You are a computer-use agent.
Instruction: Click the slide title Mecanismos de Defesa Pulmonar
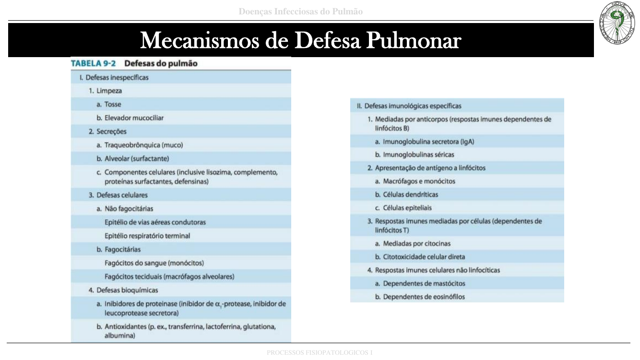click(300, 40)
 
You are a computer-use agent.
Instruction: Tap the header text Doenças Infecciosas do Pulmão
click(301, 12)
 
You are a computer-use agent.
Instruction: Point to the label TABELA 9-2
click(93, 63)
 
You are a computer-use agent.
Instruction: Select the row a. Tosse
click(113, 104)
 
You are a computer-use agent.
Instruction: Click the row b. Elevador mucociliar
click(134, 118)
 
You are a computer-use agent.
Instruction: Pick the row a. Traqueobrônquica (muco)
click(143, 144)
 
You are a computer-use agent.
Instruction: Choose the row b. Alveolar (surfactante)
click(137, 158)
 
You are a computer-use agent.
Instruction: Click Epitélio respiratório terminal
click(147, 236)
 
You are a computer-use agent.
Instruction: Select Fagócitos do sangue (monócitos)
click(154, 263)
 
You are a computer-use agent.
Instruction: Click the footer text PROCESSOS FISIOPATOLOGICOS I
click(320, 353)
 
